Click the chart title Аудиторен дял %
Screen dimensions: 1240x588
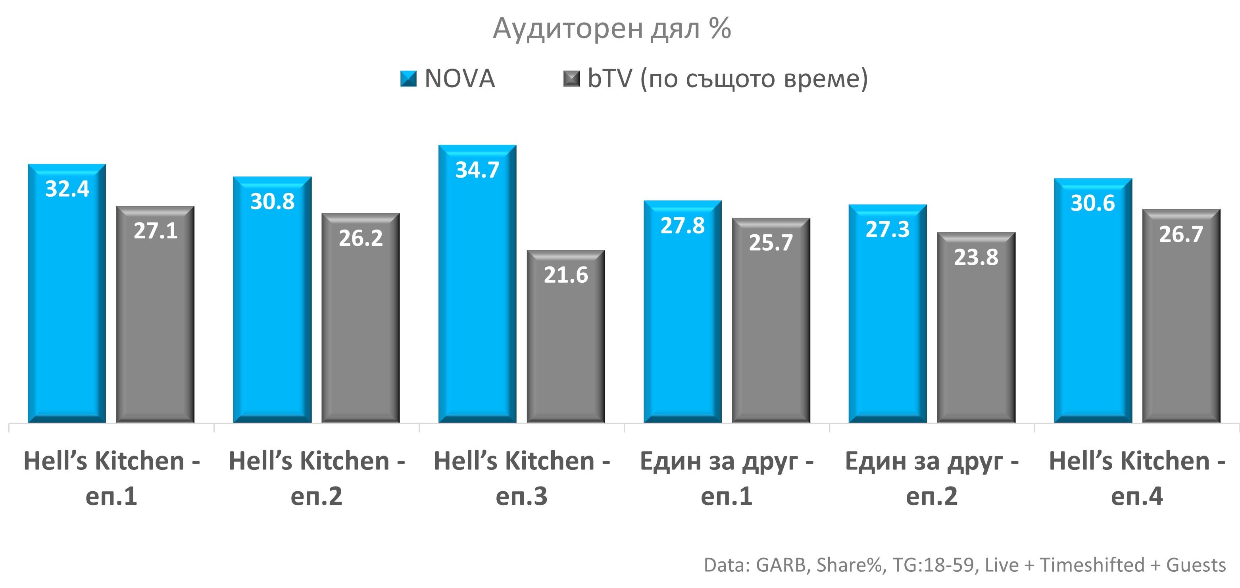pos(612,29)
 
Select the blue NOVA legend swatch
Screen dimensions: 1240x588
pos(408,79)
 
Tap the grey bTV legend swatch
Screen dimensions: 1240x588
pos(571,79)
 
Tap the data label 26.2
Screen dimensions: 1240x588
pos(361,238)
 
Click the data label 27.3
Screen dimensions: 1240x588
pos(887,230)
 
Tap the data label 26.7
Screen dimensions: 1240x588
pos(1181,235)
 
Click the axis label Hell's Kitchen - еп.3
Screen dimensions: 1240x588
pos(522,478)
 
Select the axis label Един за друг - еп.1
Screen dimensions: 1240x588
pos(727,478)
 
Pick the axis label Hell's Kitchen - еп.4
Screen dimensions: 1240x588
pos(1136,478)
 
